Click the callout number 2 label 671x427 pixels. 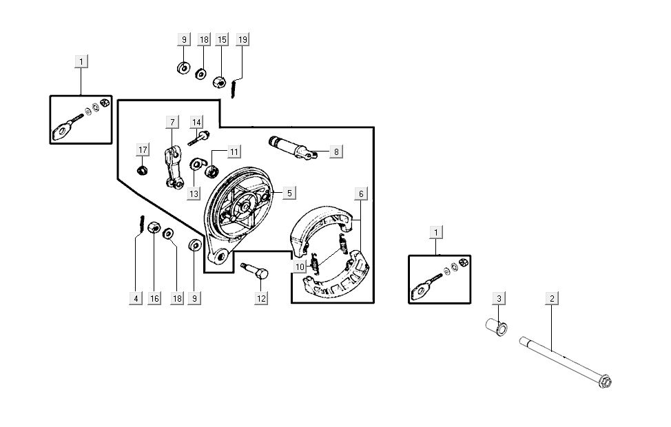551,298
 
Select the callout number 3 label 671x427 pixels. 499,298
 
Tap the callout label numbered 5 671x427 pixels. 289,193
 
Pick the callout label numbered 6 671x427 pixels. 361,194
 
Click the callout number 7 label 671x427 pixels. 171,122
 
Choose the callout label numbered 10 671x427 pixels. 299,267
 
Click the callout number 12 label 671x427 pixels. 261,298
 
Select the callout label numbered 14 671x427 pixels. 197,122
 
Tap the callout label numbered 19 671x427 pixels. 242,39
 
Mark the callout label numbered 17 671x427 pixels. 143,150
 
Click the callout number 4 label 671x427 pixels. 136,298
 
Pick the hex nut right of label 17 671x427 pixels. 143,169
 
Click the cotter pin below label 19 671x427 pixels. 235,87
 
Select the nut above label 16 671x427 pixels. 154,227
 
